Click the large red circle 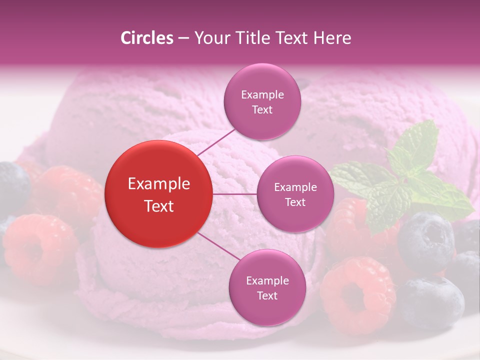158,194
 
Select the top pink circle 262,101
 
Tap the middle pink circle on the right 295,194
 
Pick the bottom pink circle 267,287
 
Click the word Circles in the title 147,38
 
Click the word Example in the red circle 158,184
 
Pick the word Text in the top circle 262,109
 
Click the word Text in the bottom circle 267,295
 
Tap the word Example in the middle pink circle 295,187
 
